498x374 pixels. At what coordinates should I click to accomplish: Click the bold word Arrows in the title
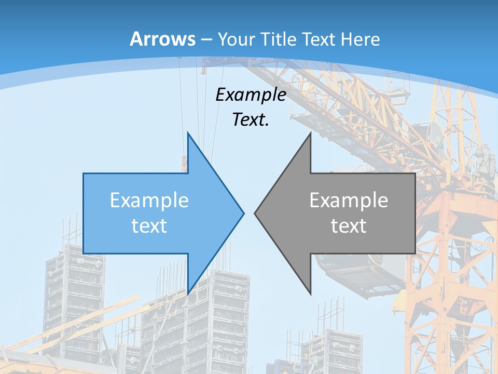[163, 39]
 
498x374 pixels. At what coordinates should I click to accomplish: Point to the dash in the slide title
[206, 39]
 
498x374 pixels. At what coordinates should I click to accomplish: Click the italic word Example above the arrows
[251, 95]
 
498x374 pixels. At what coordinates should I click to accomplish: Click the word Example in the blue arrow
[149, 200]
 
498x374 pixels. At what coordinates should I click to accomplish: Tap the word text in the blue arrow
[149, 225]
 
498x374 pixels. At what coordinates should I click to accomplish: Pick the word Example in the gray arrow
[349, 200]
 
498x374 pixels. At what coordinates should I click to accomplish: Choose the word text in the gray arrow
[349, 225]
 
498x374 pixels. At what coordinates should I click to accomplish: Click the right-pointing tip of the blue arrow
[243, 213]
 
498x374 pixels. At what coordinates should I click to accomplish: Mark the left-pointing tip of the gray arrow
[255, 213]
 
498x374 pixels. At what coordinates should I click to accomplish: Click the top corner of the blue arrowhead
[188, 133]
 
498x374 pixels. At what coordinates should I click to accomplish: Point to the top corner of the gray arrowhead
[310, 133]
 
